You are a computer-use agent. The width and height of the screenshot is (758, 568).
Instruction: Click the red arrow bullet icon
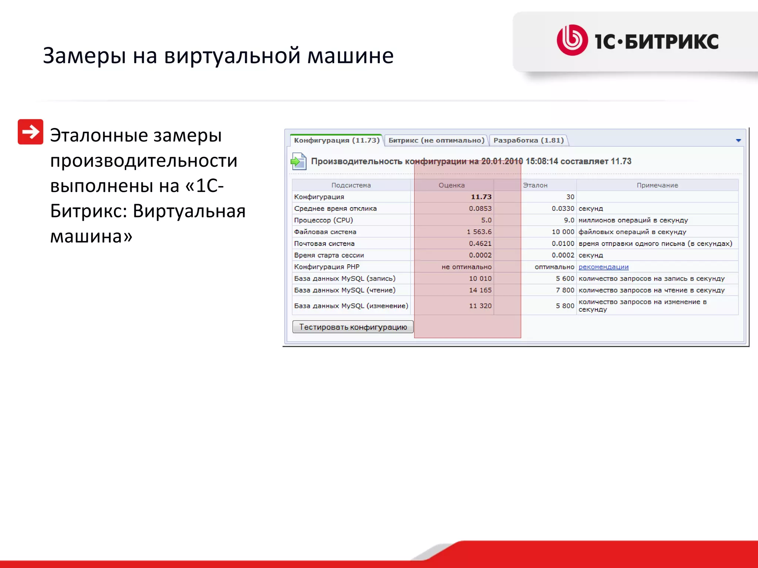click(x=30, y=132)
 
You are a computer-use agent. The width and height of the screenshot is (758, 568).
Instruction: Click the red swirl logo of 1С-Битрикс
click(x=572, y=40)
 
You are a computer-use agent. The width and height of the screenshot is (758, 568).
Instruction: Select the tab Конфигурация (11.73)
click(x=336, y=141)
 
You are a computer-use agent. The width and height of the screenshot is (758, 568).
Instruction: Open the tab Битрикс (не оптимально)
click(x=436, y=141)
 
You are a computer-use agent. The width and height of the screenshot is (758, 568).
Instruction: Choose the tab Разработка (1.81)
click(x=528, y=141)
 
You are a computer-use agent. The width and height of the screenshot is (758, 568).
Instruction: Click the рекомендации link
click(x=603, y=267)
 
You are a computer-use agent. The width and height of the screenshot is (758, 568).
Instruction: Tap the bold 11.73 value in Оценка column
click(x=481, y=197)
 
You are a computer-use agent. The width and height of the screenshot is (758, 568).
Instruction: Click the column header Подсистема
click(x=351, y=185)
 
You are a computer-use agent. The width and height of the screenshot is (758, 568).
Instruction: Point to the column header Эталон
click(x=535, y=185)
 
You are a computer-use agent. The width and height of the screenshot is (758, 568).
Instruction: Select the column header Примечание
click(x=657, y=185)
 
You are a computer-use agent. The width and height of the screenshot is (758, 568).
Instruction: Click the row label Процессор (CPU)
click(x=323, y=220)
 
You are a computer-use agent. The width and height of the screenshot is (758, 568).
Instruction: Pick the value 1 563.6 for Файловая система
click(x=479, y=232)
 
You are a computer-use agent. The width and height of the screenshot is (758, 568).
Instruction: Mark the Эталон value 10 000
click(x=563, y=232)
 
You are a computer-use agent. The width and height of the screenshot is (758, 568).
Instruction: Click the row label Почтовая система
click(x=324, y=244)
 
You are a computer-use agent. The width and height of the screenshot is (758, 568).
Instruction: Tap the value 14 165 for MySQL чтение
click(x=480, y=290)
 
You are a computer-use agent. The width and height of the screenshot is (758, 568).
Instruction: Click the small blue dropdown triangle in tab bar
click(x=738, y=141)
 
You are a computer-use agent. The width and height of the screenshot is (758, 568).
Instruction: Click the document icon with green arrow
click(x=298, y=161)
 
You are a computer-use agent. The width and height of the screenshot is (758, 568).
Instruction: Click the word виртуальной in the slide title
click(x=232, y=56)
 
